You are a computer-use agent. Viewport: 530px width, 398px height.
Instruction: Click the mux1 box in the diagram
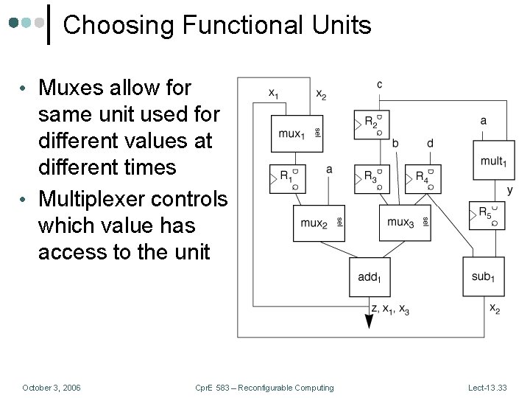click(x=297, y=133)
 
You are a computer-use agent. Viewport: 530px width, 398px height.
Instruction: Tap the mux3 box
click(x=404, y=221)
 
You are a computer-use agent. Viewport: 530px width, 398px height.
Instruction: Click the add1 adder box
click(x=369, y=276)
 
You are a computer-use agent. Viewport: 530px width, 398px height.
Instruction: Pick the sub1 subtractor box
click(x=483, y=276)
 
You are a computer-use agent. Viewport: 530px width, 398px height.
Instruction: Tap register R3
click(x=372, y=177)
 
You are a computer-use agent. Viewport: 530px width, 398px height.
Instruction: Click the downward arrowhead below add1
click(x=368, y=322)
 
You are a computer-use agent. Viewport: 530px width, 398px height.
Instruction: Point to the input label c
click(x=379, y=85)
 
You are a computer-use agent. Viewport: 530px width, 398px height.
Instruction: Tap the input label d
click(x=430, y=143)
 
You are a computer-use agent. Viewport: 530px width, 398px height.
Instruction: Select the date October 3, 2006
click(x=52, y=388)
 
